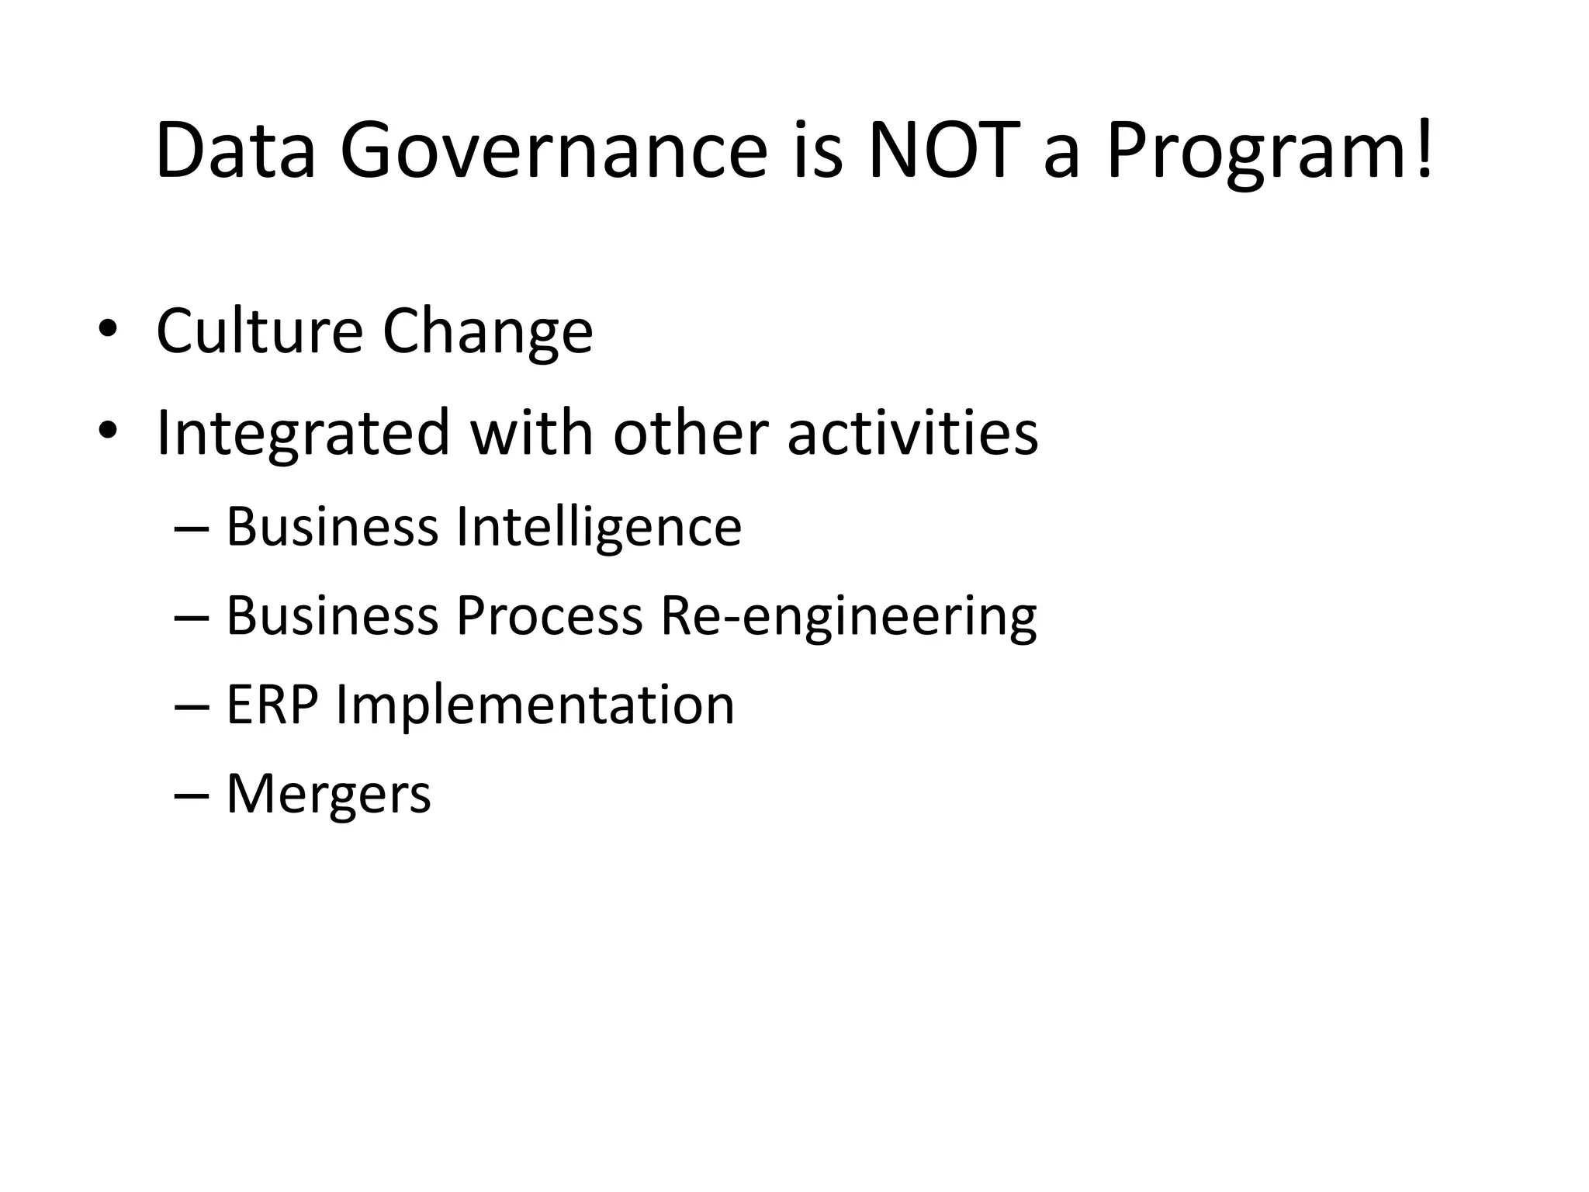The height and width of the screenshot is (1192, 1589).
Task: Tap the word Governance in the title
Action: (553, 151)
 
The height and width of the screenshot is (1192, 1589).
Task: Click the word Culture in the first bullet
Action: (259, 331)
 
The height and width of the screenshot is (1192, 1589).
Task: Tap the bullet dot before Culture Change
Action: (107, 329)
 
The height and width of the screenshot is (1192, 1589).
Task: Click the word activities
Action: (912, 432)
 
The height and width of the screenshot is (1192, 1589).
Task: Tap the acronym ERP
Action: (272, 705)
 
